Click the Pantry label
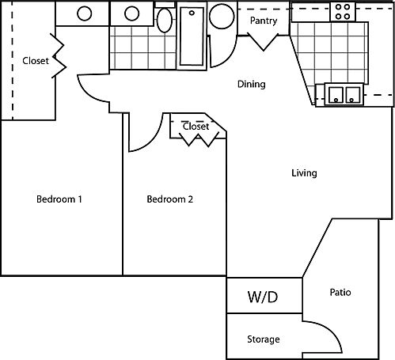point(264,21)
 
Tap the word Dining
point(252,85)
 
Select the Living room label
point(304,173)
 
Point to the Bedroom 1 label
point(59,199)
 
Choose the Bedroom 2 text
point(169,199)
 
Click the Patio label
point(340,292)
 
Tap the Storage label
point(264,339)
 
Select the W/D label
point(263,297)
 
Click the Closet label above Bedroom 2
point(196,127)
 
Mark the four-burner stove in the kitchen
point(343,12)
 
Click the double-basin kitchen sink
point(344,94)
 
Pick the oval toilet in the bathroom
point(165,21)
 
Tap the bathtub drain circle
point(192,13)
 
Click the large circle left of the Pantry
point(222,17)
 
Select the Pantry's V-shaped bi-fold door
point(263,41)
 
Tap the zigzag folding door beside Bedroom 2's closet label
point(199,139)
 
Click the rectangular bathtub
point(192,36)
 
